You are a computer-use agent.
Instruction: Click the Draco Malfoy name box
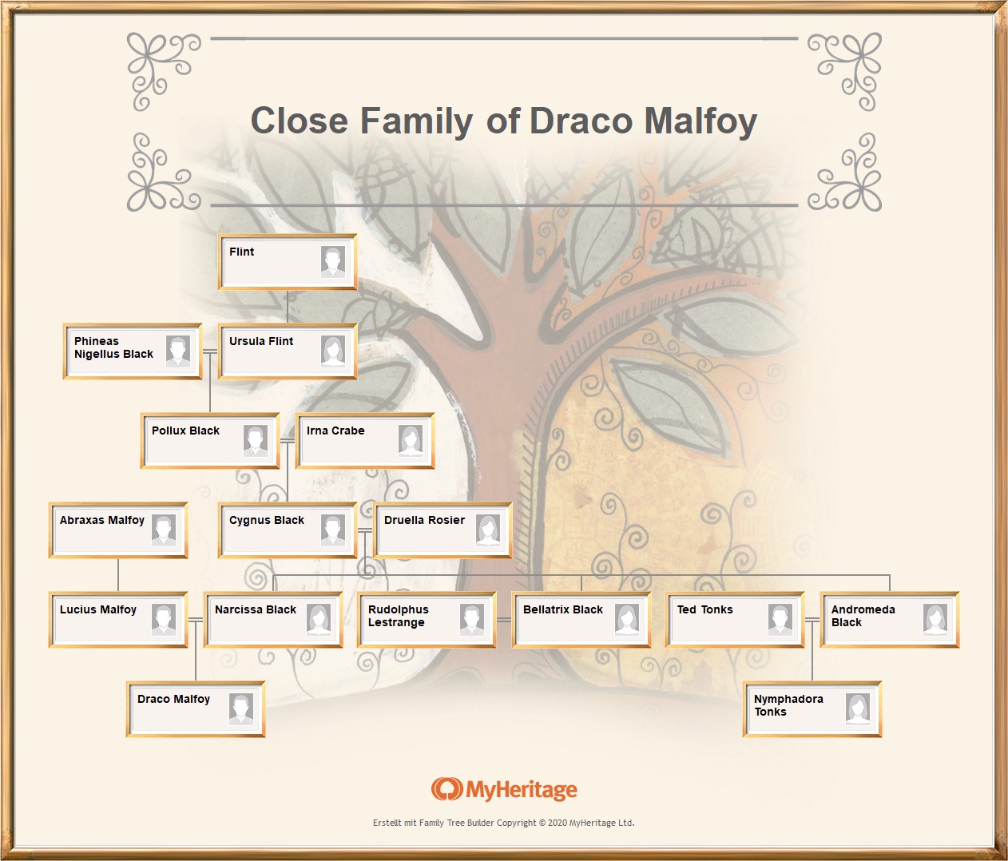point(195,709)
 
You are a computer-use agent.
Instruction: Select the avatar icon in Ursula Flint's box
point(333,351)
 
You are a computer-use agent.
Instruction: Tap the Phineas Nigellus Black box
point(132,351)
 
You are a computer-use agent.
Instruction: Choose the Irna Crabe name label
point(335,430)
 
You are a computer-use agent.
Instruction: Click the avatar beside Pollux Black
point(256,440)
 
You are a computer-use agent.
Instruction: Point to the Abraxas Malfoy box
point(118,530)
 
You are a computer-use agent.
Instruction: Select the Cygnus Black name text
point(267,520)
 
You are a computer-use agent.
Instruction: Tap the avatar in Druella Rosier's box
point(488,530)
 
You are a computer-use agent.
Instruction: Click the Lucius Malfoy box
point(118,620)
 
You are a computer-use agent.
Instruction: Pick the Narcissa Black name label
point(256,609)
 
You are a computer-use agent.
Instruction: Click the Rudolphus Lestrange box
point(427,620)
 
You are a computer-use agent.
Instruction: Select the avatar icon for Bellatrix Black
point(627,619)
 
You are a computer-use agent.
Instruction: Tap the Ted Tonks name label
point(705,609)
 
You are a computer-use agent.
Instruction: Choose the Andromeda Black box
point(889,620)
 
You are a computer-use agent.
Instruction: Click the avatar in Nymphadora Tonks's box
point(858,708)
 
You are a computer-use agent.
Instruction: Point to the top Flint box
point(288,262)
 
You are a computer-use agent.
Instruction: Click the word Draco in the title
point(581,121)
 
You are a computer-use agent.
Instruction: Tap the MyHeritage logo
point(504,790)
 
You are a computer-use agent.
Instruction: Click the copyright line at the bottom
point(503,823)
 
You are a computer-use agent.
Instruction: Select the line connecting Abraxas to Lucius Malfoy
point(118,575)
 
